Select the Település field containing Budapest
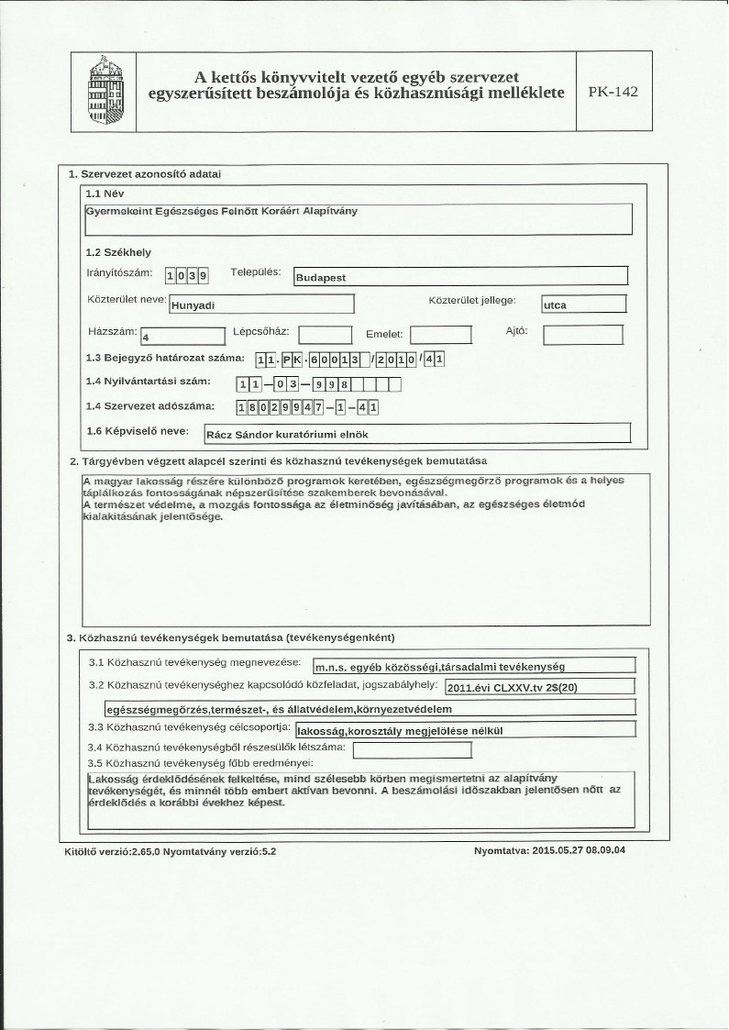(459, 276)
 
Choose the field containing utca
(583, 305)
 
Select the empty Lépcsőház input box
(326, 336)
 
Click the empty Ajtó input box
(583, 335)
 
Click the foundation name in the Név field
(220, 211)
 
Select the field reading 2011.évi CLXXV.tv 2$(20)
(538, 687)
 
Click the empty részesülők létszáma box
(412, 750)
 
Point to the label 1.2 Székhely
(118, 252)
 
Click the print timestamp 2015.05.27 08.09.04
(557, 850)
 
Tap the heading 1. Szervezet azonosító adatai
(144, 173)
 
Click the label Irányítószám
(120, 273)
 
